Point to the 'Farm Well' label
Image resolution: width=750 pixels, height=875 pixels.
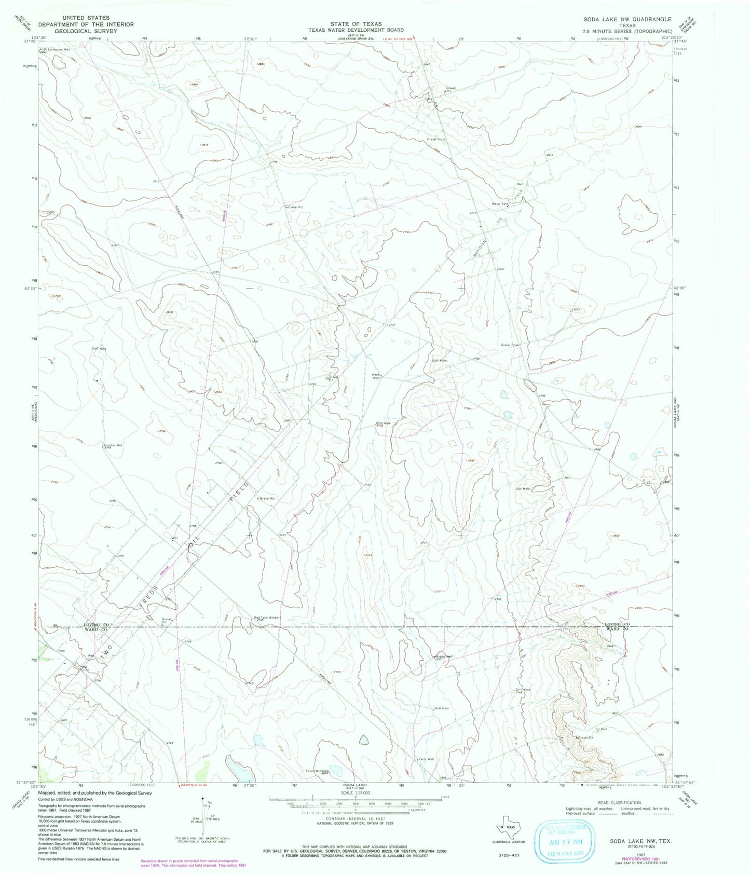coord(426,759)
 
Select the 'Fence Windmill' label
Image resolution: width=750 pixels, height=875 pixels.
coord(317,770)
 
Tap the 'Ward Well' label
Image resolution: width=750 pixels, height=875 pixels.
coord(376,376)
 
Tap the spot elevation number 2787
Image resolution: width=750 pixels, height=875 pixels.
coord(471,460)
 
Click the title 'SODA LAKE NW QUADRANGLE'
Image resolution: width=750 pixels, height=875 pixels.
coord(627,19)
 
